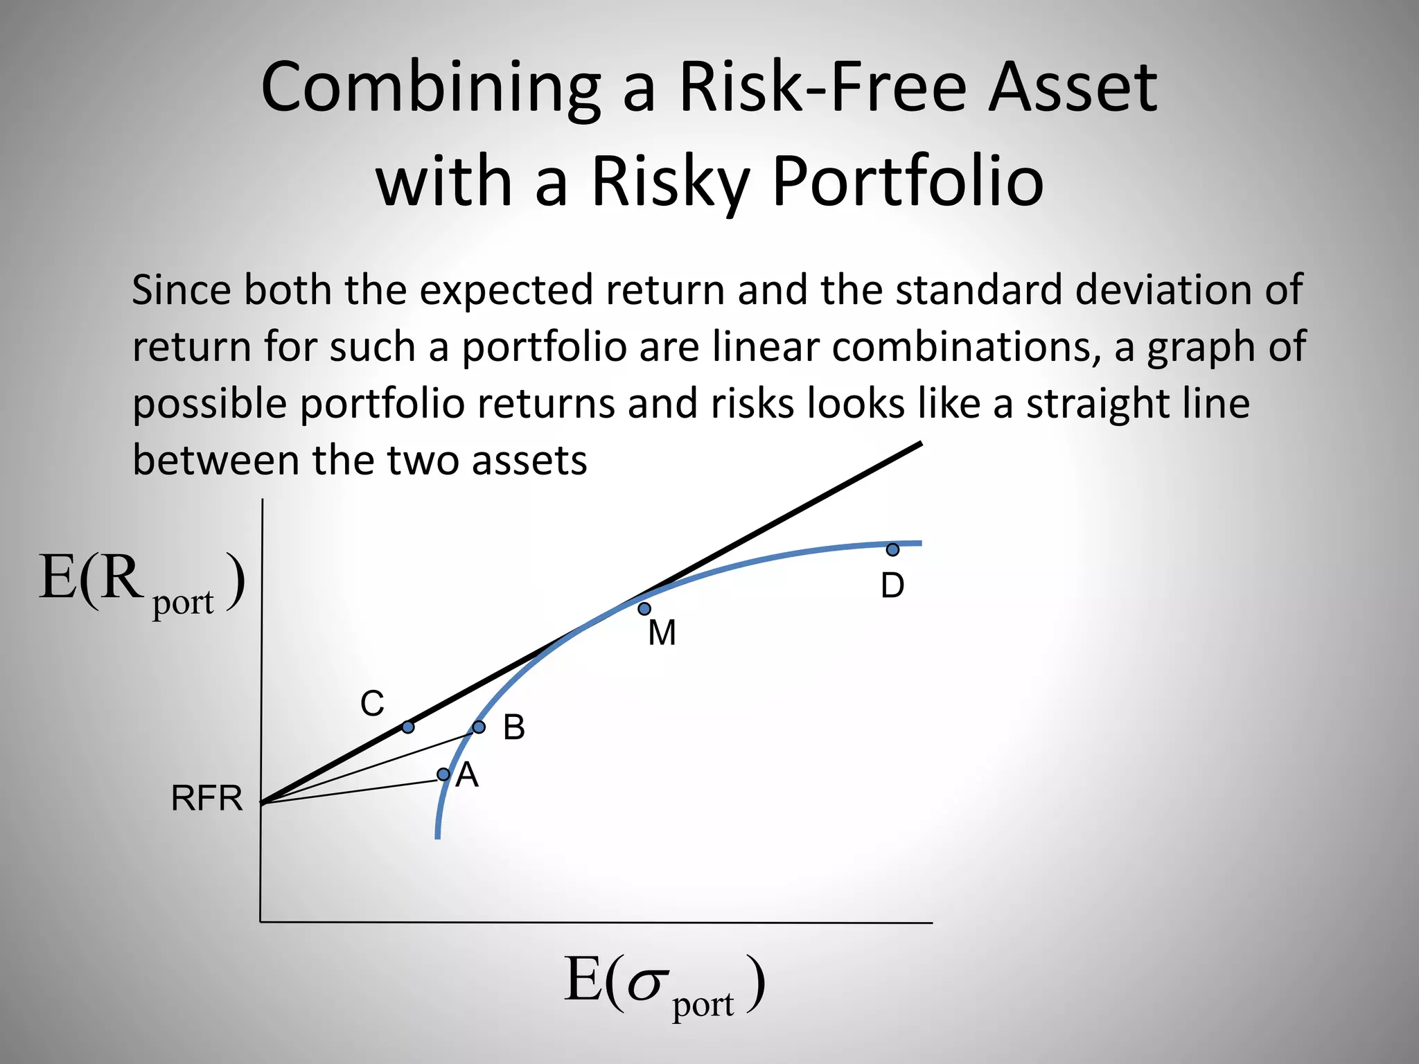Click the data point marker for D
(892, 549)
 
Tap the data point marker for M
(644, 609)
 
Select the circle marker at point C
(408, 727)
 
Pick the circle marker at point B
(479, 727)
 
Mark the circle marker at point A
(443, 774)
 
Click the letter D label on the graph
(892, 586)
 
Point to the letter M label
(662, 633)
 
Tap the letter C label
(372, 704)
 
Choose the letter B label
(513, 728)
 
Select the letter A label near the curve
(467, 775)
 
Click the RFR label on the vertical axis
(206, 799)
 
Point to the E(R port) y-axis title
(142, 582)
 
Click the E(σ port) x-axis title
(664, 984)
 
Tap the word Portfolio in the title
(907, 181)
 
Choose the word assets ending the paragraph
(529, 460)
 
